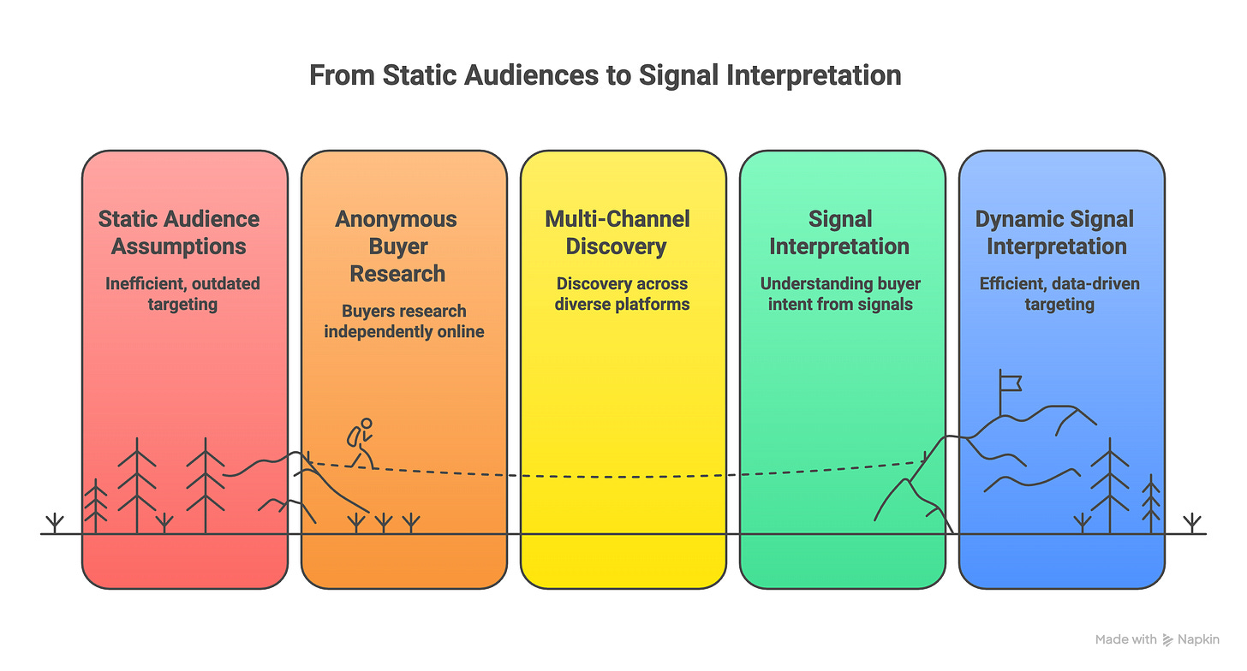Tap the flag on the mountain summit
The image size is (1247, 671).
pos(1011,382)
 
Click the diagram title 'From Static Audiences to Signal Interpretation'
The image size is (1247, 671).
pos(605,75)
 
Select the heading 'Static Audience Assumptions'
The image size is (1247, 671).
pos(179,232)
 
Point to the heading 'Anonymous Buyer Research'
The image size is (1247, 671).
pos(397,246)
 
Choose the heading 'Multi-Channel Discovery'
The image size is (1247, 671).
pos(618,232)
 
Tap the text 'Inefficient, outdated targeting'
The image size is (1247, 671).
pos(182,293)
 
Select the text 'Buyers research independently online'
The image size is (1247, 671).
pos(403,320)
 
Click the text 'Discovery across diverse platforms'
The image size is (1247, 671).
pos(623,293)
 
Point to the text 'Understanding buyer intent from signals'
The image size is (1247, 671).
pos(840,293)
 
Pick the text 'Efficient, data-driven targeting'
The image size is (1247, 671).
pos(1059,293)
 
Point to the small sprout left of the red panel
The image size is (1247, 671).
pos(55,523)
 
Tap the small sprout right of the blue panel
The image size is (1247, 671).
pos(1190,523)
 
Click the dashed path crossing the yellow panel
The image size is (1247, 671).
pos(623,476)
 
